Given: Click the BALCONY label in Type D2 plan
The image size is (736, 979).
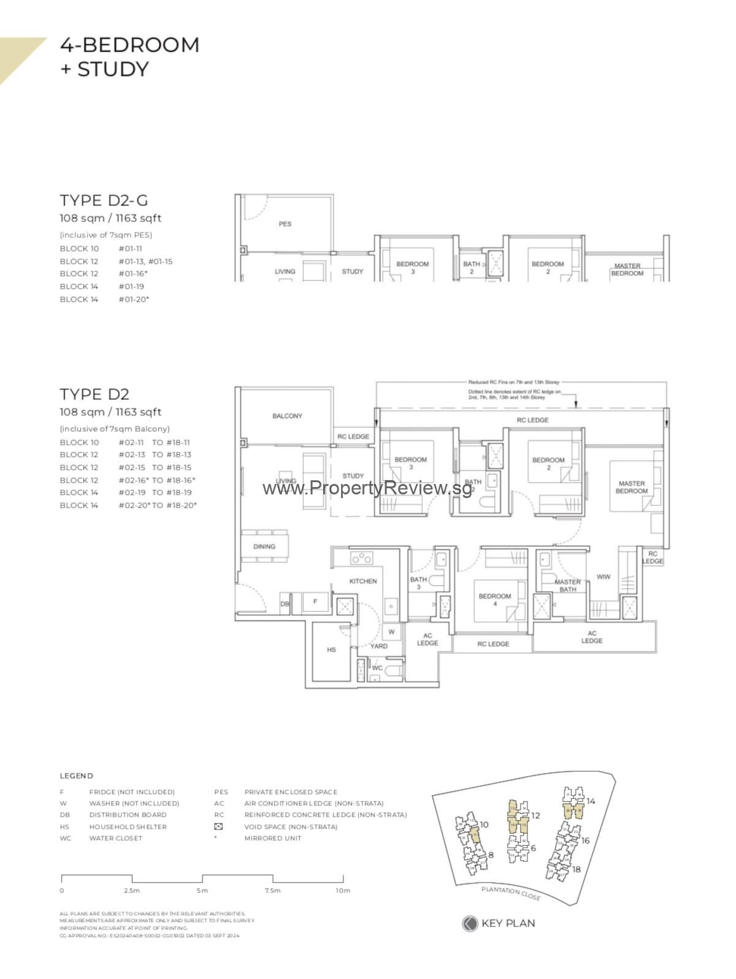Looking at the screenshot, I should tap(287, 416).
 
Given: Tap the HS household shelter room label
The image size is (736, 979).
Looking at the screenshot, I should tap(331, 649).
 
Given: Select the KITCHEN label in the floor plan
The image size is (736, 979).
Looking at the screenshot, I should tap(363, 581).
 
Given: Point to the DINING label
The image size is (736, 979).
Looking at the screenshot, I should tap(264, 546).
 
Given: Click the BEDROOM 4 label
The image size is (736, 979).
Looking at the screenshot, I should tap(494, 599).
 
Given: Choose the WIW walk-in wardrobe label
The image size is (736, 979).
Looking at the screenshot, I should tap(604, 577).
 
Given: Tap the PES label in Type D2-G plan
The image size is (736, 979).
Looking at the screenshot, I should tap(285, 224).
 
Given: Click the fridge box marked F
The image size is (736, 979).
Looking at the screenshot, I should tap(315, 602).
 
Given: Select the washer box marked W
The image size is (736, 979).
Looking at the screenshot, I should tap(391, 631).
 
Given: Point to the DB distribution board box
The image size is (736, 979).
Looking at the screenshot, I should tap(285, 604).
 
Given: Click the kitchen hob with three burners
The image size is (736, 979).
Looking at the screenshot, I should tap(361, 558).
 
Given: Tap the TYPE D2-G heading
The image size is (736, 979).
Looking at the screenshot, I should tap(104, 200).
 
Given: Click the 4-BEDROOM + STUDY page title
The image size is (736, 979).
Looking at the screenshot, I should tap(129, 56).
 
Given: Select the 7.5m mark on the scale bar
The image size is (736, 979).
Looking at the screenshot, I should tap(273, 890).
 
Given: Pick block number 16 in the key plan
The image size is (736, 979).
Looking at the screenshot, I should tap(585, 840).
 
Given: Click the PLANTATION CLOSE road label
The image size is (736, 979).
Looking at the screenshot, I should tap(511, 893).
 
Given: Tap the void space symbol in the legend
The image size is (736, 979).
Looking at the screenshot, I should tap(218, 826).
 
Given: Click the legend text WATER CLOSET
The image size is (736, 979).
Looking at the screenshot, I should tap(115, 838).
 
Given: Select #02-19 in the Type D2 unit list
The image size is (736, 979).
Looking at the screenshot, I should tap(132, 492).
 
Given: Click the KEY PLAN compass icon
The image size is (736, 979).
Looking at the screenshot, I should tap(470, 923).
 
